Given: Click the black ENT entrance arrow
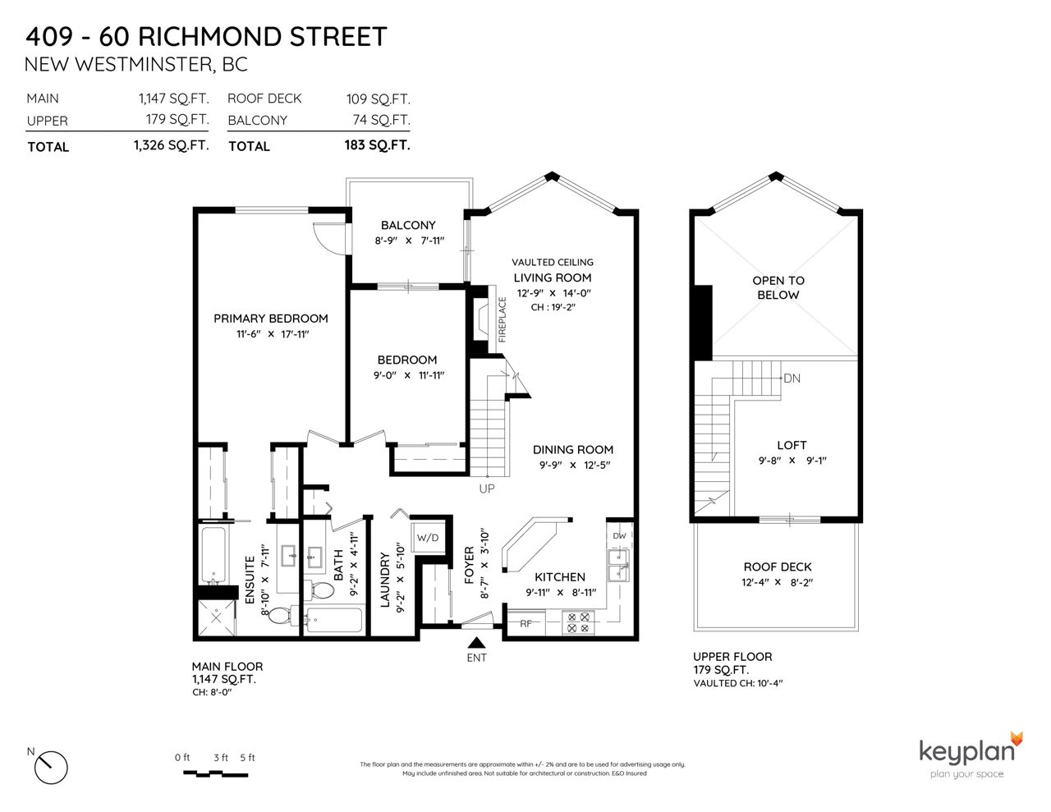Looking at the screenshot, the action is [476, 642].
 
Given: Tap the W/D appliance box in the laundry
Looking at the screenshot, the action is [428, 537].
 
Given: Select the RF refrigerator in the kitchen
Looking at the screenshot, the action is [525, 623].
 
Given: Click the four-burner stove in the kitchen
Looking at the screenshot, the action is [579, 622].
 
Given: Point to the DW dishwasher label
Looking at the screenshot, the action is [619, 535].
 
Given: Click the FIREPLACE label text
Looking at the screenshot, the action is [502, 319].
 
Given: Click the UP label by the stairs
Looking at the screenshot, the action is [487, 489].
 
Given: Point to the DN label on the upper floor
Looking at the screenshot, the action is [792, 378].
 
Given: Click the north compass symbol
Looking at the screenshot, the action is [51, 767].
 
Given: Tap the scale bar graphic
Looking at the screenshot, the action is [216, 773].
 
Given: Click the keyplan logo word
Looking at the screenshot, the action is [966, 752].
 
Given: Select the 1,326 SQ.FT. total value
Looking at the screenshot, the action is [172, 145].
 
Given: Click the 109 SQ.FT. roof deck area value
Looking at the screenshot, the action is [378, 99].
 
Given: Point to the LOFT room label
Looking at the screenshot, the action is [792, 445].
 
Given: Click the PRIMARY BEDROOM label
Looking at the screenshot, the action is [271, 319].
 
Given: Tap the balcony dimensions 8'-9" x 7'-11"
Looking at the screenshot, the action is [409, 241].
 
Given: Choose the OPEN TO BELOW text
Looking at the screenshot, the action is [778, 287].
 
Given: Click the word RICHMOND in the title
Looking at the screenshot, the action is [209, 37].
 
